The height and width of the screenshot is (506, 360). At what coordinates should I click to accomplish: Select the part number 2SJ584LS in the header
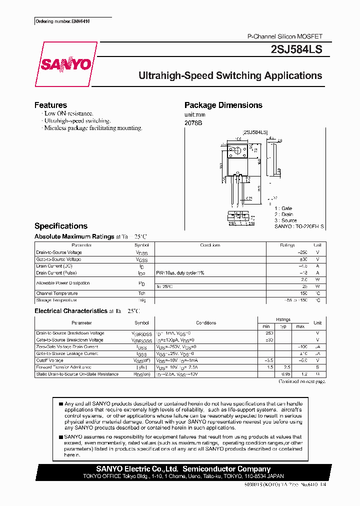(x=296, y=49)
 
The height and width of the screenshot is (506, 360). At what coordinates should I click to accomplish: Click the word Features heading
(x=50, y=105)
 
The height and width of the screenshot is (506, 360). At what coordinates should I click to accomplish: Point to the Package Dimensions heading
(x=223, y=105)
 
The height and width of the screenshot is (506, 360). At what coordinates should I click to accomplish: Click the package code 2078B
(x=193, y=122)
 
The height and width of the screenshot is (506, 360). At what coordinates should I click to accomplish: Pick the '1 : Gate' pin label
(x=283, y=208)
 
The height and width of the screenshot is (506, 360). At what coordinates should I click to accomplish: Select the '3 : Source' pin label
(x=285, y=220)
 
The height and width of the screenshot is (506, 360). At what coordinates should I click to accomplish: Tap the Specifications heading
(x=61, y=226)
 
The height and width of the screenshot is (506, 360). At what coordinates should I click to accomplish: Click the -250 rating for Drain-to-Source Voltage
(x=300, y=252)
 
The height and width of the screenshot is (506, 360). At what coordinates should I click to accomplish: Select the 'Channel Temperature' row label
(x=57, y=293)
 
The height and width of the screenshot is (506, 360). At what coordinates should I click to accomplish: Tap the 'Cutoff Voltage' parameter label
(x=50, y=360)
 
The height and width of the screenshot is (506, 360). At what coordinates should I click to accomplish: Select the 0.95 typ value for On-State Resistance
(x=285, y=374)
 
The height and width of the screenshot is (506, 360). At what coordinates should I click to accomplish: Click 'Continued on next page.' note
(x=302, y=381)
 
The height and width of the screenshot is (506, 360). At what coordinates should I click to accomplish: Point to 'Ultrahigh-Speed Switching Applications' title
(x=230, y=76)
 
